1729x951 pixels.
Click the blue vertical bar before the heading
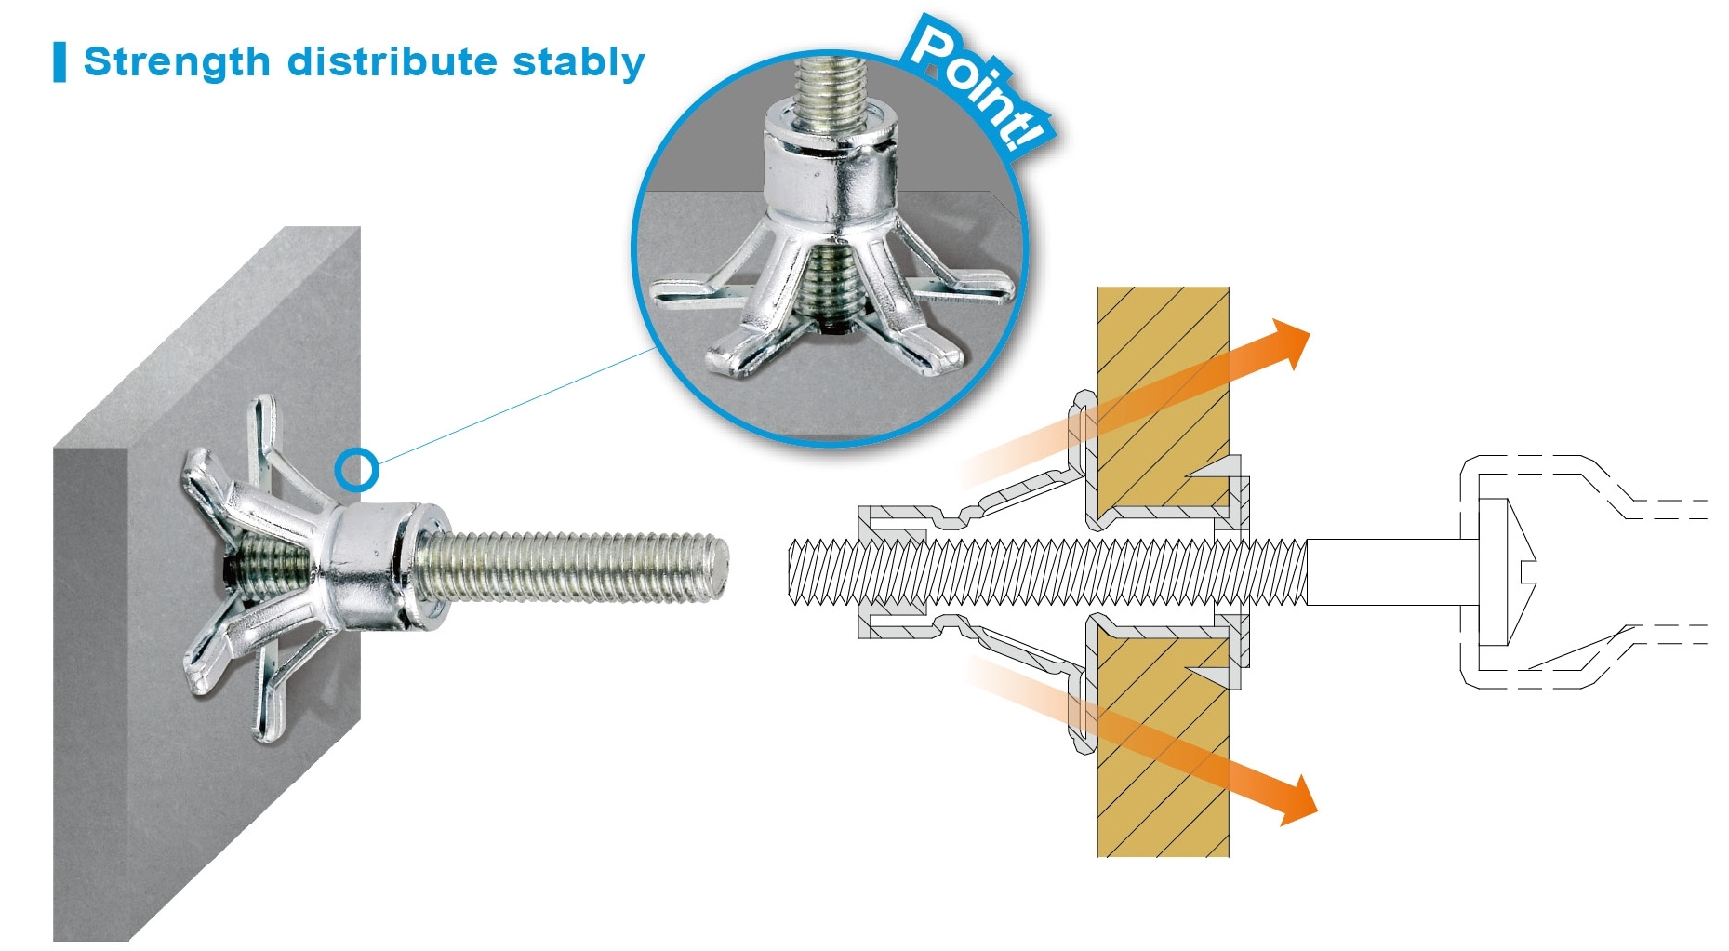60,62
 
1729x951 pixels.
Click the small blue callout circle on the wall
356,470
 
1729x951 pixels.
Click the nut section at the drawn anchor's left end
893,572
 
